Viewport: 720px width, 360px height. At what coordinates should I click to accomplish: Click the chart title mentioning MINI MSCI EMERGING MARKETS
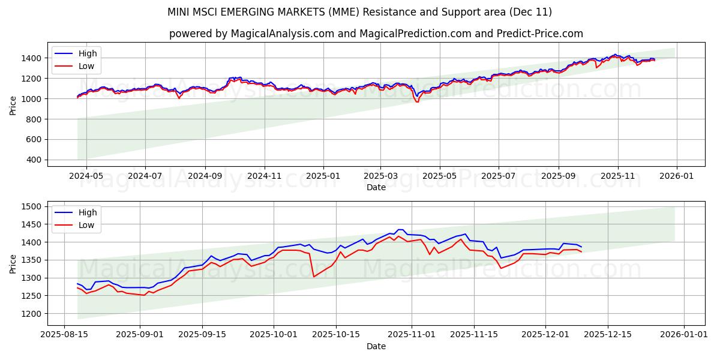click(359, 12)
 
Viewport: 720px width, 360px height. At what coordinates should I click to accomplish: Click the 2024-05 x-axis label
click(86, 176)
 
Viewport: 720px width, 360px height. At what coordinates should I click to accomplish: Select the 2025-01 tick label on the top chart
click(323, 176)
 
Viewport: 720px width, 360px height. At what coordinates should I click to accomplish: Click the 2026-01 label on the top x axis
click(677, 176)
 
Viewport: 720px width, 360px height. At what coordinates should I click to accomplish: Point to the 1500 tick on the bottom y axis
click(31, 206)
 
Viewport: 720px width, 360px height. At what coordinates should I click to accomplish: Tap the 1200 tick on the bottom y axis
click(31, 314)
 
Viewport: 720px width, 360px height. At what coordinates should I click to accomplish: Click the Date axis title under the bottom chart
click(376, 347)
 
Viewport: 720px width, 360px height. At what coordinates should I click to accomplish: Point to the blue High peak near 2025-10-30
click(400, 230)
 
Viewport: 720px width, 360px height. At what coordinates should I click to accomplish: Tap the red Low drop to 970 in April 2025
click(417, 101)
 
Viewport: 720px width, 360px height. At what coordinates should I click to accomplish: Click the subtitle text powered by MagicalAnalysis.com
click(376, 34)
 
